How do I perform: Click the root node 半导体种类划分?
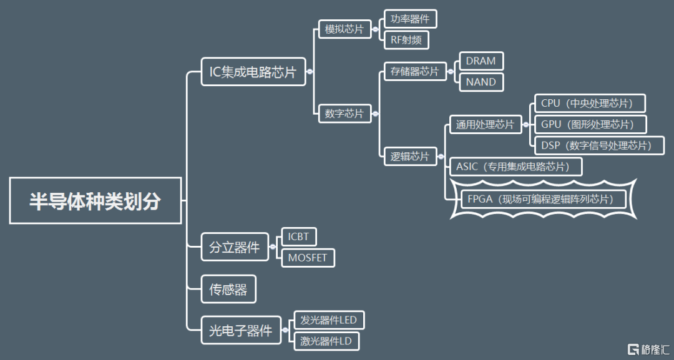(95, 201)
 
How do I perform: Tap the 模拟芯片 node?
(344, 29)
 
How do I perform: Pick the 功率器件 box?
(410, 19)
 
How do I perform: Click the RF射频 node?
(406, 40)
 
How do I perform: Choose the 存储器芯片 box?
(415, 71)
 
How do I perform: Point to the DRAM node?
(481, 61)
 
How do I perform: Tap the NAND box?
(481, 82)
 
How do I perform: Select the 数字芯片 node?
(344, 113)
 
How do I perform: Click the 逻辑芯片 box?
(410, 156)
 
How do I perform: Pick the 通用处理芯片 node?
(485, 124)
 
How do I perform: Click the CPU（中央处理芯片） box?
(590, 103)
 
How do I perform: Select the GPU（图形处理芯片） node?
(590, 124)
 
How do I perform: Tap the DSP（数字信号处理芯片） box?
(599, 145)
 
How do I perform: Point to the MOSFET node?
(308, 258)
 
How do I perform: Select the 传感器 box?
(228, 289)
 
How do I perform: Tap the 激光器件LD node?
(326, 341)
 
